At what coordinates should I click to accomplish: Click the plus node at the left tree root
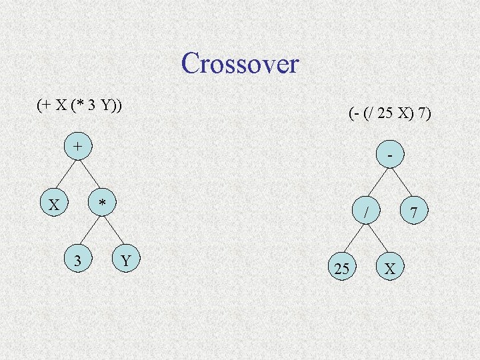coord(79,145)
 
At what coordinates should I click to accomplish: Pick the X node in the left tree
coord(54,203)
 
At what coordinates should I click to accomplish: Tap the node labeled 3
coord(79,259)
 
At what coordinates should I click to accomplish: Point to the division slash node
coord(366,212)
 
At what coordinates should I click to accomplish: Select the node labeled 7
coord(413,212)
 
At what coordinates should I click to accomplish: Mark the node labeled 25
coord(342,269)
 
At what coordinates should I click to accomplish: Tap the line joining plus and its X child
coord(67,175)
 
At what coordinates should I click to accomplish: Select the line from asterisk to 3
coord(90,231)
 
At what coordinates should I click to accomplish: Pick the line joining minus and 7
coord(401,183)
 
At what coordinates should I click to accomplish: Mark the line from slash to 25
coord(354,241)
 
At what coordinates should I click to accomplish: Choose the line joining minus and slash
coord(378,183)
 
